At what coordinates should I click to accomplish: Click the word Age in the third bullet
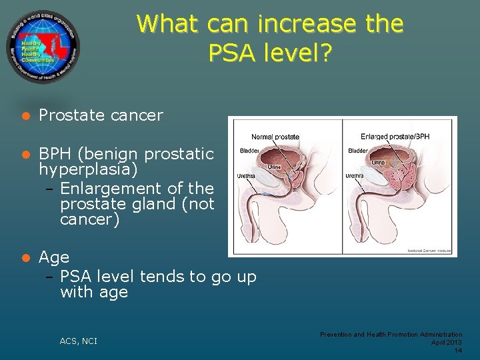[x=54, y=257]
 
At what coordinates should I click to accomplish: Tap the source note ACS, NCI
[x=78, y=341]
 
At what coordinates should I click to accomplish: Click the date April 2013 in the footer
[x=447, y=342]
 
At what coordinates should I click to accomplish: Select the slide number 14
[x=457, y=351]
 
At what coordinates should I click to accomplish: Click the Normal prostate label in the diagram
[x=275, y=137]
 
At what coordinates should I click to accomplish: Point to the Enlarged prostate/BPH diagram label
[x=395, y=137]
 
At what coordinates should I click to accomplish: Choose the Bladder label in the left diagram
[x=249, y=150]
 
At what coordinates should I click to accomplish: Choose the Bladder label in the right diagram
[x=358, y=150]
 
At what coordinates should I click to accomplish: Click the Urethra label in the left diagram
[x=244, y=177]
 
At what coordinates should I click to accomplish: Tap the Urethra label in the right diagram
[x=353, y=177]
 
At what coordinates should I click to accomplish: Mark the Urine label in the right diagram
[x=378, y=162]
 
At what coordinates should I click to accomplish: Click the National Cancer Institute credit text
[x=429, y=251]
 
